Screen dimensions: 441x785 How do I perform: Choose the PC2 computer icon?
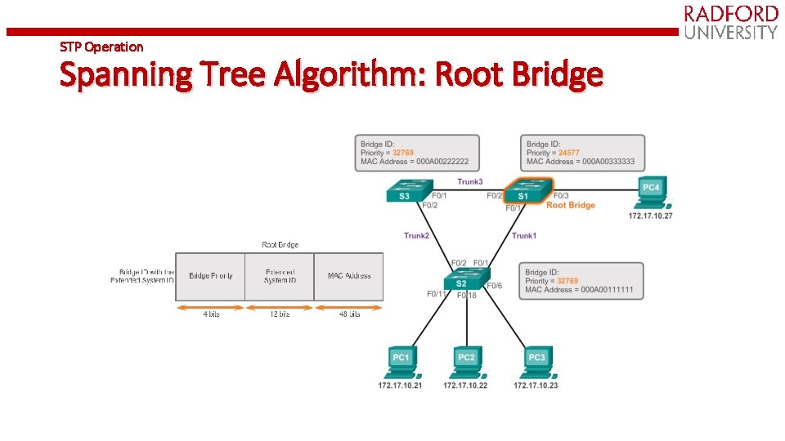tap(466, 363)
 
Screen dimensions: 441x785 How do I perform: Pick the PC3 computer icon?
tap(536, 363)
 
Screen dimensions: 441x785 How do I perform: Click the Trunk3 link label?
tap(469, 181)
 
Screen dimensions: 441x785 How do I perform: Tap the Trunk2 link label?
tap(416, 236)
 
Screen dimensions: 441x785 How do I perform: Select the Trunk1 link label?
tap(524, 236)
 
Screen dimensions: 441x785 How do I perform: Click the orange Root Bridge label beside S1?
tap(571, 206)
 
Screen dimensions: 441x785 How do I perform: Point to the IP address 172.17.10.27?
tap(650, 216)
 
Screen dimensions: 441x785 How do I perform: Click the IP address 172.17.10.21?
tap(401, 385)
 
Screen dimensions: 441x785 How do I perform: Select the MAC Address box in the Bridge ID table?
tap(348, 276)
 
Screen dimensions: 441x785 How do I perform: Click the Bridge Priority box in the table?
tap(210, 276)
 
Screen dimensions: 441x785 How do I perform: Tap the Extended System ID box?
tap(280, 276)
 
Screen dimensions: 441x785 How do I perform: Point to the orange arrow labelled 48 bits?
tap(349, 308)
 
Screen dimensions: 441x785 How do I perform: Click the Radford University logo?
tap(730, 22)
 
